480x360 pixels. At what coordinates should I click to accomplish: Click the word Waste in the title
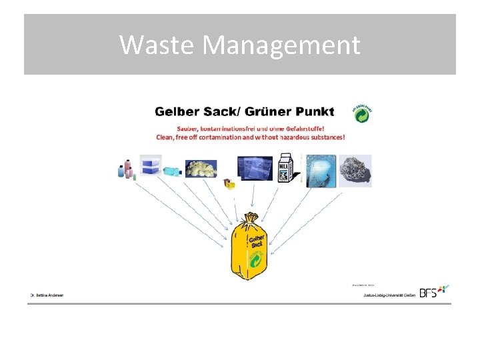tap(157, 45)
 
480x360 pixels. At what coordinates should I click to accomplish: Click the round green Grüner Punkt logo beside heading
tap(363, 113)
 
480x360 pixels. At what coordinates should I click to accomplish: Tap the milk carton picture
tap(286, 168)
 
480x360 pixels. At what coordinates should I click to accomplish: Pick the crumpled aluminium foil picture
tap(355, 170)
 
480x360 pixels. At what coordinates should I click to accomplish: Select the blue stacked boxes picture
tap(151, 165)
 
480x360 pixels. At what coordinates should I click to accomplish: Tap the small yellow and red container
tap(230, 184)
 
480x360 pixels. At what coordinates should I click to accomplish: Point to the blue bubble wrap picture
tap(321, 170)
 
